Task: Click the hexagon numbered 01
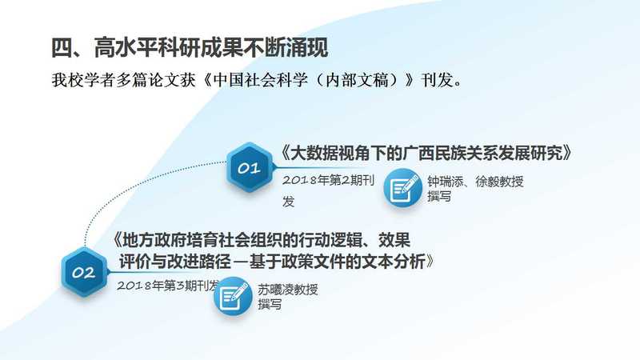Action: pyautogui.click(x=249, y=167)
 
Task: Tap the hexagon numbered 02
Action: pyautogui.click(x=85, y=272)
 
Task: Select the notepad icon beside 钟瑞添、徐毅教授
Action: pyautogui.click(x=402, y=188)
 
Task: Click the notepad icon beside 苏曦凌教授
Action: pyautogui.click(x=233, y=296)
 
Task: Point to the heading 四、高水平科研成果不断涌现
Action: pyautogui.click(x=190, y=48)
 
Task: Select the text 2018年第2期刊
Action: pyautogui.click(x=329, y=180)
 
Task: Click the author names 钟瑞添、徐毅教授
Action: pyautogui.click(x=475, y=182)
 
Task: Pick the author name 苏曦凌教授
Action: pyautogui.click(x=288, y=290)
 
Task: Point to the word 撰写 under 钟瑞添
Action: pyautogui.click(x=439, y=196)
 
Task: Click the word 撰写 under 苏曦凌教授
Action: pyautogui.click(x=270, y=304)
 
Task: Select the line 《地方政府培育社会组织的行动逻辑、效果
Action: pyautogui.click(x=262, y=240)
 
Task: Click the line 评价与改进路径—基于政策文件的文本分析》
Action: pyautogui.click(x=277, y=262)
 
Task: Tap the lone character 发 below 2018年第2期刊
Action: pyautogui.click(x=289, y=202)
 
